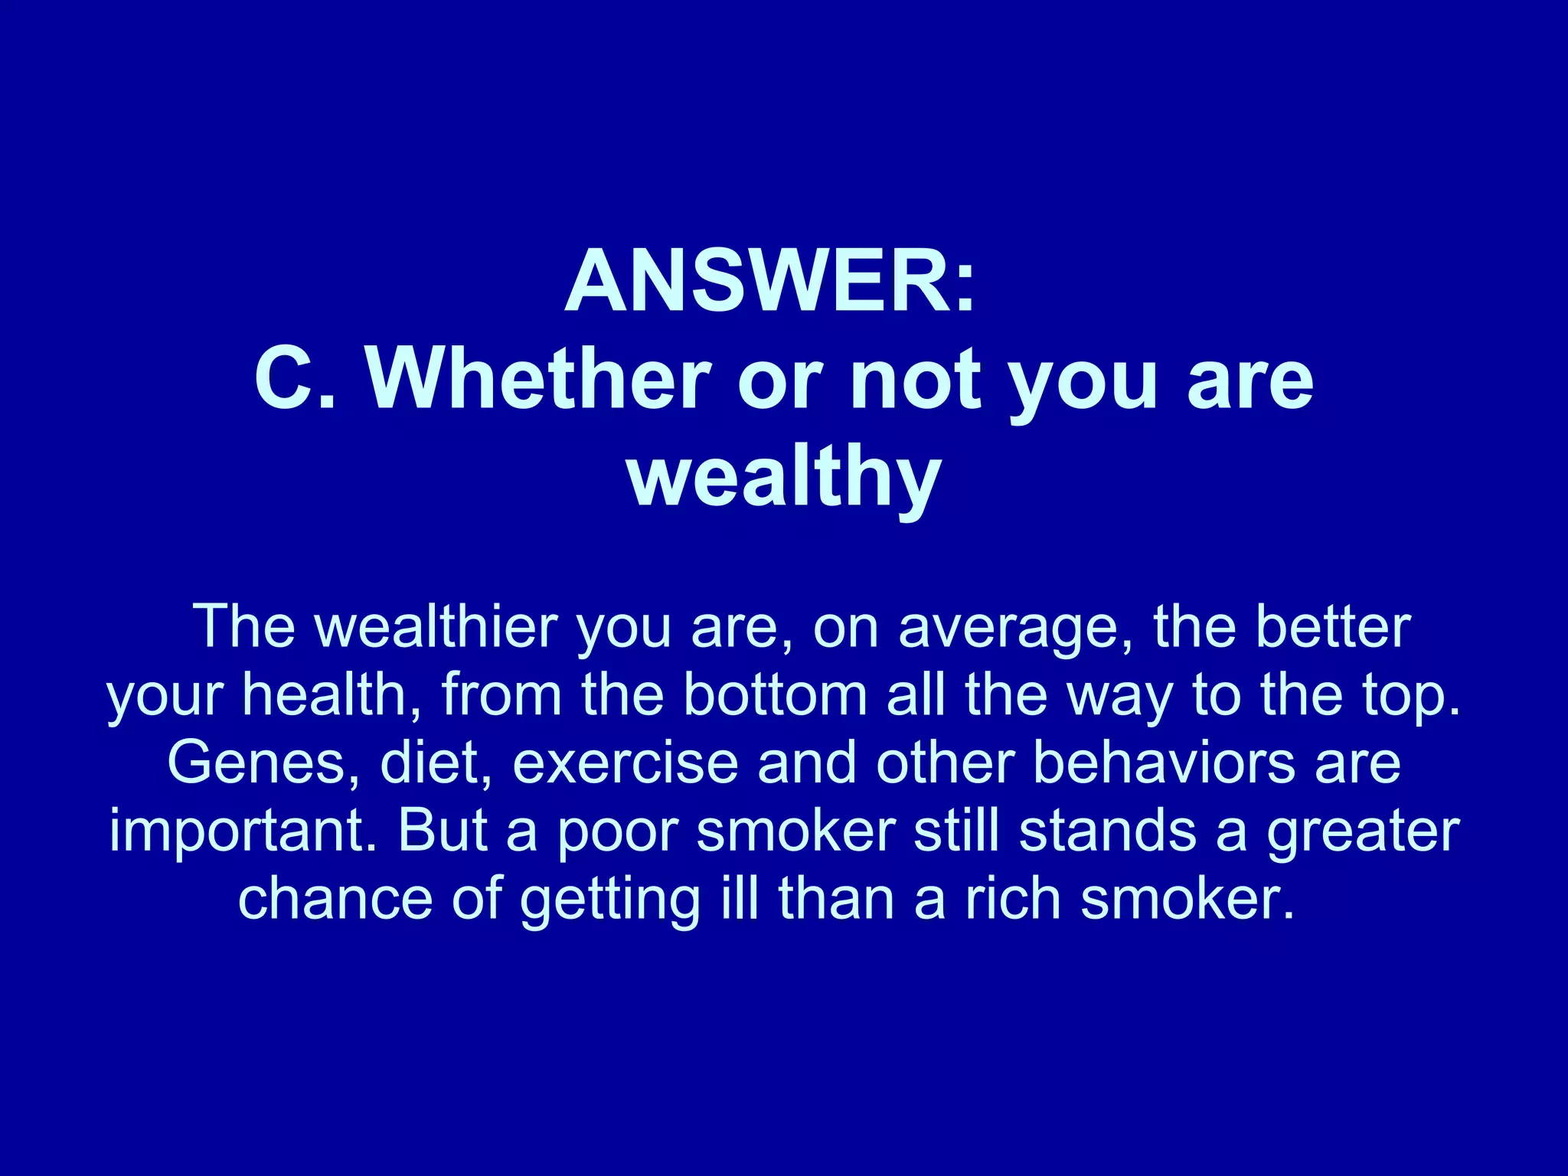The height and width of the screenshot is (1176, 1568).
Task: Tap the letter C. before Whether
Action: tap(295, 380)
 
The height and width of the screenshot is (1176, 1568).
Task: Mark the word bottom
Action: tap(775, 695)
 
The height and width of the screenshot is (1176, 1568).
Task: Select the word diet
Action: tap(435, 763)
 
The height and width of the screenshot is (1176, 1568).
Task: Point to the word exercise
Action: tap(624, 763)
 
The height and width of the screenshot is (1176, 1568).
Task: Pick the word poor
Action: tap(617, 832)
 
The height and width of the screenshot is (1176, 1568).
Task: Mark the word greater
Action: tap(1363, 832)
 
